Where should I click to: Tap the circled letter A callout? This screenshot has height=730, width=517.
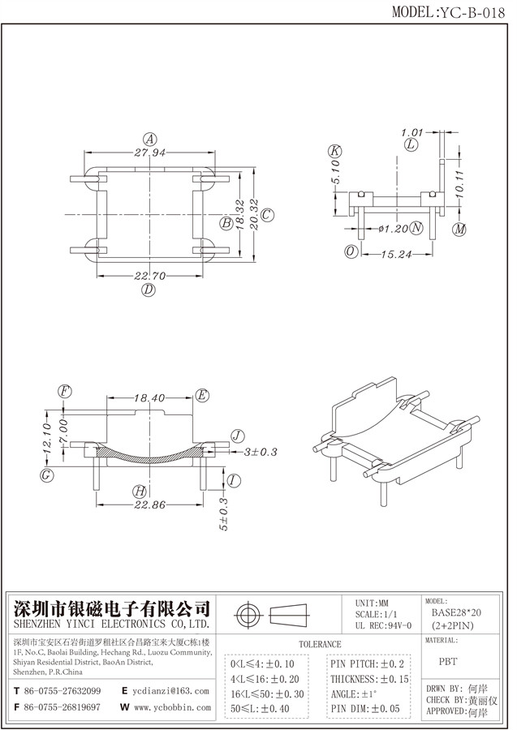coord(149,137)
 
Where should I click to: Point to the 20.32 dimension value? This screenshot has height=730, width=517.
coord(253,214)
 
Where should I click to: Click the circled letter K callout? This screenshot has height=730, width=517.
coord(334,151)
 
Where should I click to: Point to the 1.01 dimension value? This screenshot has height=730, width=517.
coord(413,131)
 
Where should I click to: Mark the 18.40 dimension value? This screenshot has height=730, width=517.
coord(149,397)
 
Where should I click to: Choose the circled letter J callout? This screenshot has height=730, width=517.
coord(237,434)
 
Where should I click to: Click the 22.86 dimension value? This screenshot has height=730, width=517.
coord(149,505)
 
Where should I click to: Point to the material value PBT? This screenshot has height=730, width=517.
coord(447,662)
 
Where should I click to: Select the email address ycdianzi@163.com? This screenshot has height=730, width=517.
coord(170,691)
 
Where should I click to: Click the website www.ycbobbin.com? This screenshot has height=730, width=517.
coord(171,707)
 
